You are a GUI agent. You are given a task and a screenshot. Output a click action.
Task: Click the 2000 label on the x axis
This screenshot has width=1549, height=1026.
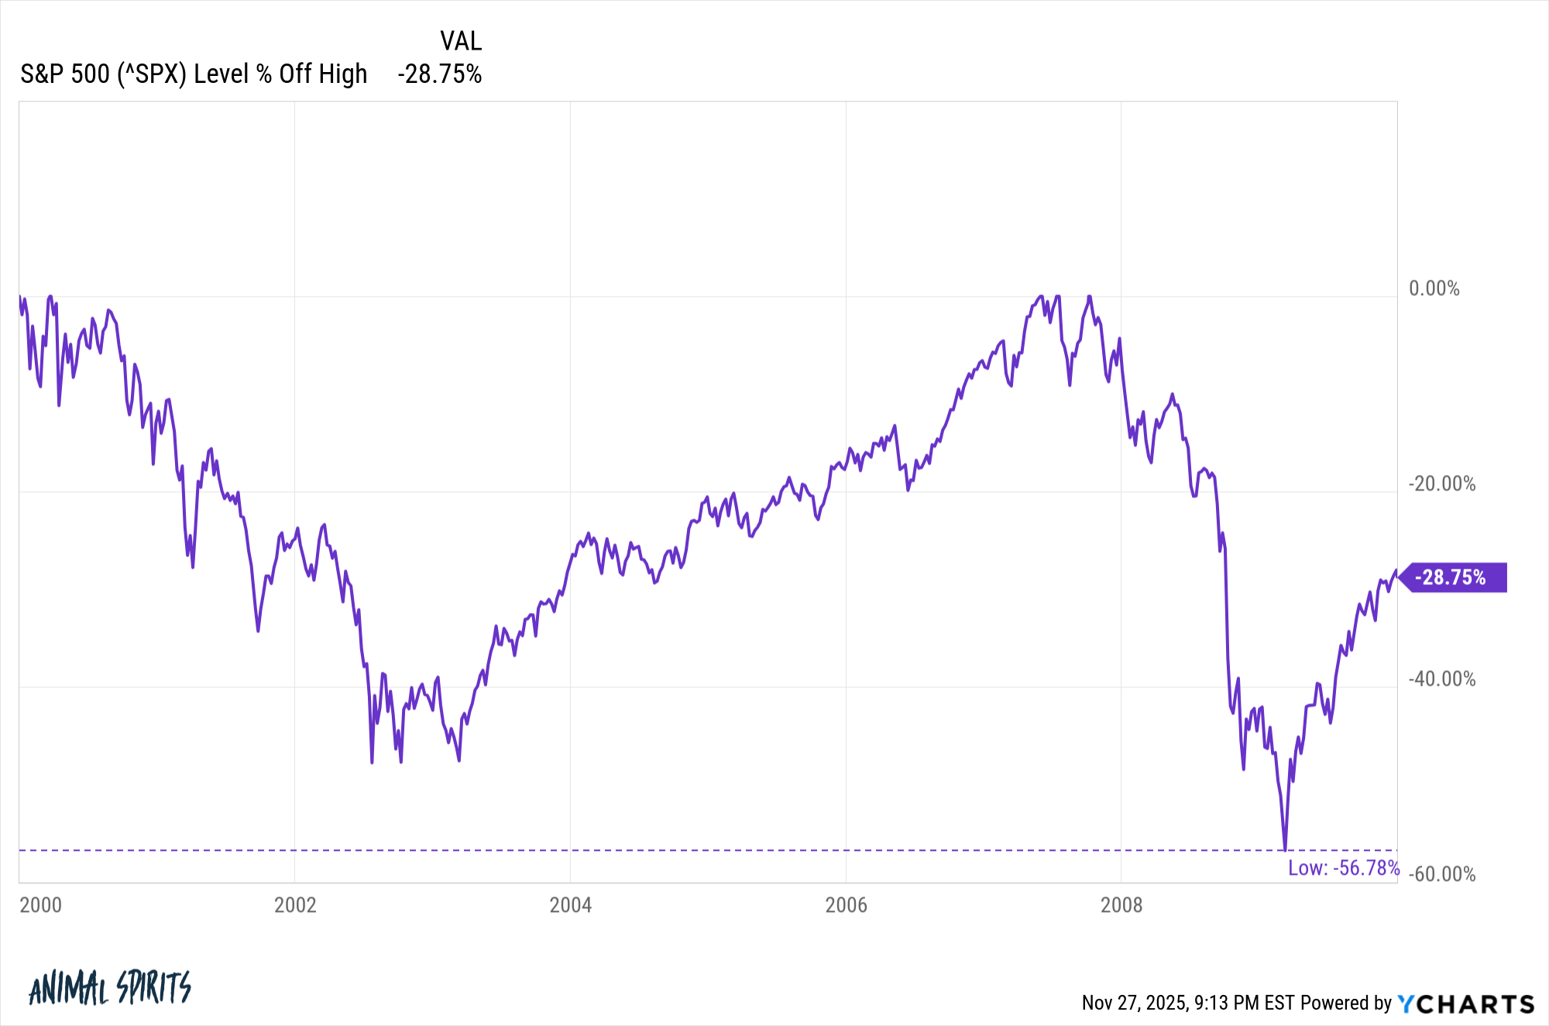40,905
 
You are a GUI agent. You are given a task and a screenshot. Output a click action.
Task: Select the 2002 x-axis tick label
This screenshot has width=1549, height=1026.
295,905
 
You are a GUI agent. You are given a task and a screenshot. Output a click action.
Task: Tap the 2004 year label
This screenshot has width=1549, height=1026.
570,905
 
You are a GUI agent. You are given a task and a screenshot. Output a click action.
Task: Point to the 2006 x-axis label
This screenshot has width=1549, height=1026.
846,905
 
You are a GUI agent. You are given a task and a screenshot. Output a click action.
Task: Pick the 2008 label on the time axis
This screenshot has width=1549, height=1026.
1121,905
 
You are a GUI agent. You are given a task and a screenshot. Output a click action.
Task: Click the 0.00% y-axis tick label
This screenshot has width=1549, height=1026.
1434,289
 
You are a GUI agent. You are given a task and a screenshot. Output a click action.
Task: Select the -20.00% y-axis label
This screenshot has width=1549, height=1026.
1441,484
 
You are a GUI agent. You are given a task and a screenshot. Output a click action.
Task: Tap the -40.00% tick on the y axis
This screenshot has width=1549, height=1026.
1441,680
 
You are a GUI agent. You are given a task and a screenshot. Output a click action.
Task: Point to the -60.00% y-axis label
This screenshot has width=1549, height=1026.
1441,875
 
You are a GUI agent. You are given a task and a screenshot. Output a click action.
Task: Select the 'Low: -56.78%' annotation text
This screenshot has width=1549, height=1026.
1343,868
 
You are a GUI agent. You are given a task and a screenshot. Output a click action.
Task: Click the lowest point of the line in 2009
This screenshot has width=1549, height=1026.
1285,849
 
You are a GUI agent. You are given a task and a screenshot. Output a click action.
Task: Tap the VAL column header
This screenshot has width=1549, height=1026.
461,40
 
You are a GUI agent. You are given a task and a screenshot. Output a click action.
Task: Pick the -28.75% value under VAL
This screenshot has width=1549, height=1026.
439,74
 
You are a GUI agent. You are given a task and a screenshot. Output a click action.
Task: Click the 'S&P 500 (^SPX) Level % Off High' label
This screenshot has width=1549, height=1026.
194,74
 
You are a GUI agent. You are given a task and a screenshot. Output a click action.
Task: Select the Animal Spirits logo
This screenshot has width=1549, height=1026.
110,988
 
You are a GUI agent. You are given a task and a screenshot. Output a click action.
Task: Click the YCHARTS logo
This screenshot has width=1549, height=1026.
1465,1004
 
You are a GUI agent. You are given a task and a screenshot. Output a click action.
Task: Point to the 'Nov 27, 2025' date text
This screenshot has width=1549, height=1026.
1134,1004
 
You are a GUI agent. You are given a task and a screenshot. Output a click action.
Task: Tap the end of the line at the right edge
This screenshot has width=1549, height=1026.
1396,571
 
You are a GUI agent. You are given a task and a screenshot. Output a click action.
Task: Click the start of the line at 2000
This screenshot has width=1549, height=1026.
19,297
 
